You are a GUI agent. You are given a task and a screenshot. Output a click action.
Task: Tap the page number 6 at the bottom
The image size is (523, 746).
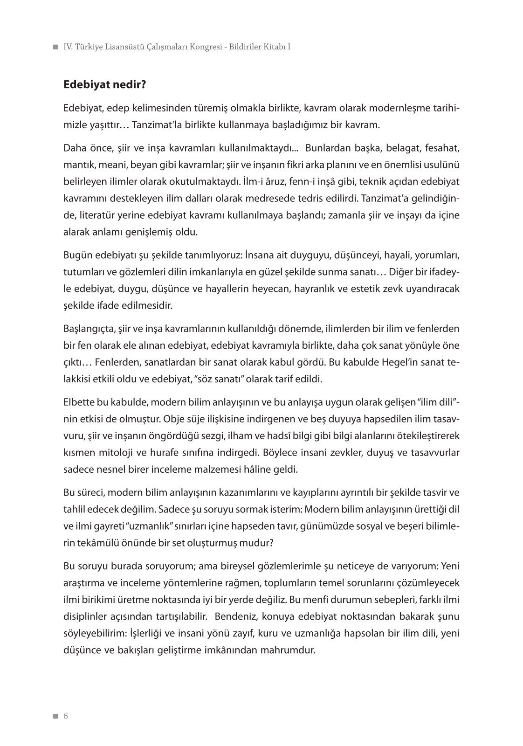tap(66, 716)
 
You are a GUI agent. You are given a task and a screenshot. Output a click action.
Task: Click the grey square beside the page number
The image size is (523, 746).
tap(55, 717)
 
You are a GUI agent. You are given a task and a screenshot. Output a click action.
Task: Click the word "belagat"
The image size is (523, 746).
tap(399, 149)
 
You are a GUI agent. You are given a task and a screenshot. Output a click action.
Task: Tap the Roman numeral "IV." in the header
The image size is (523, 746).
tap(69, 47)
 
